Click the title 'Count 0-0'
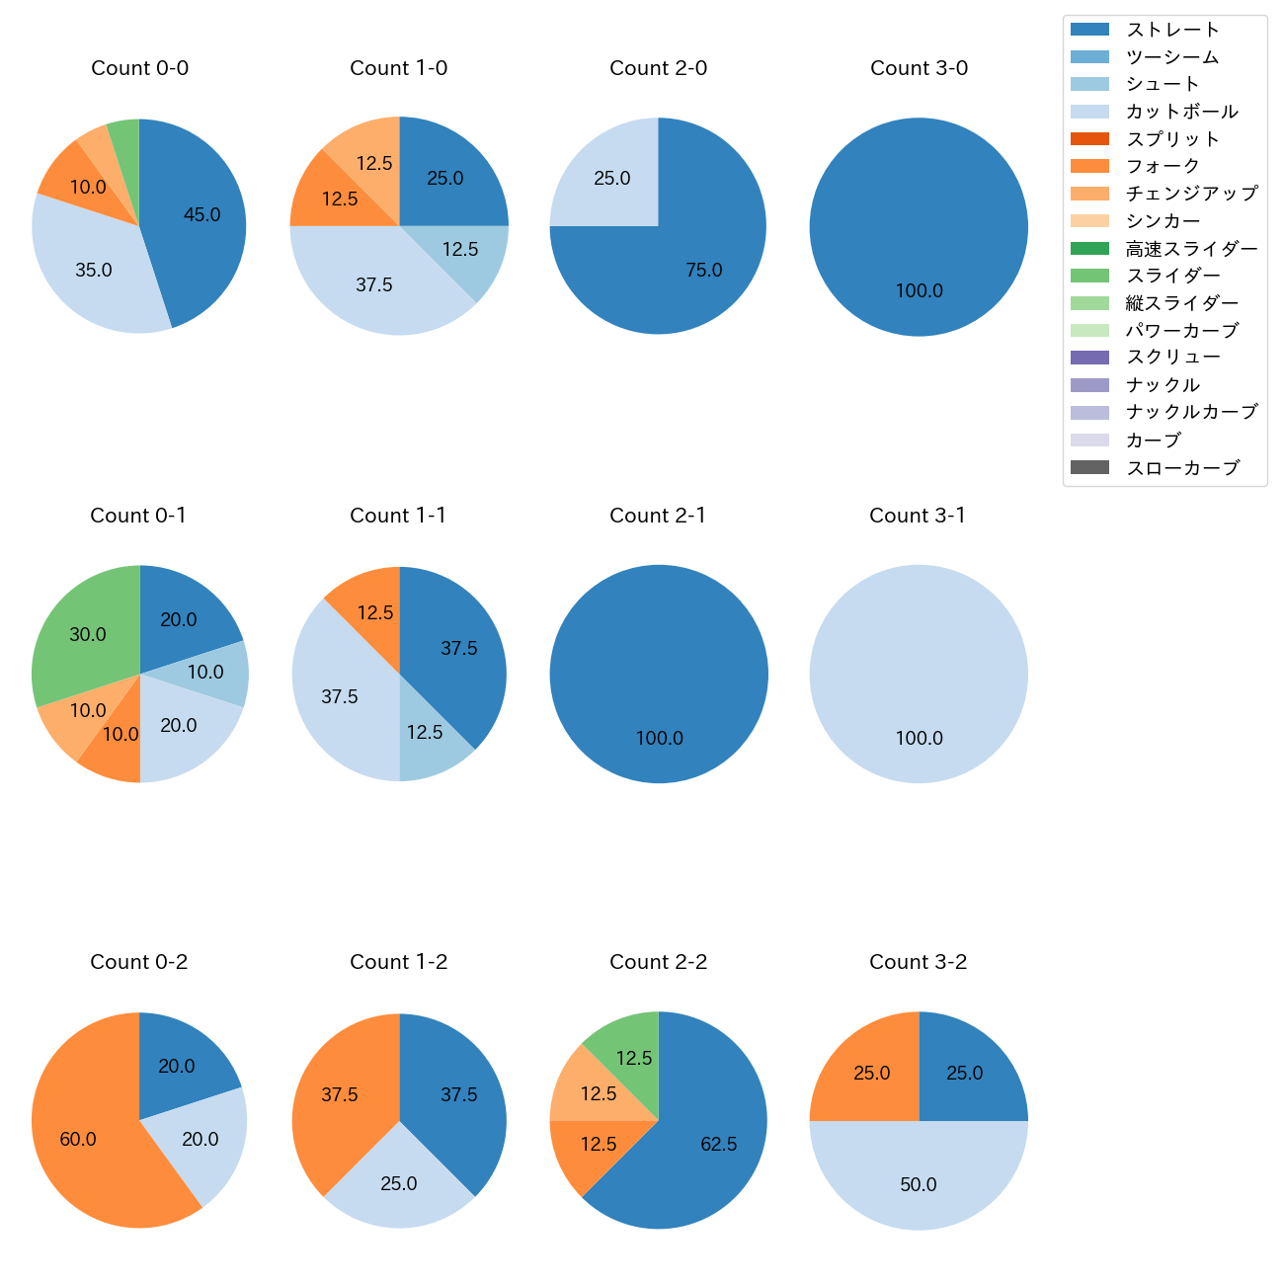[x=139, y=68]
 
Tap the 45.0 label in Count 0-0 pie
[x=201, y=214]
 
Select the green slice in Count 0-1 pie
[x=84, y=632]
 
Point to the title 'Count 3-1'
[x=918, y=516]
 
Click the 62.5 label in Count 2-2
[x=718, y=1144]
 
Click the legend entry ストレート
[x=1172, y=30]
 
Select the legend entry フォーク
[x=1163, y=166]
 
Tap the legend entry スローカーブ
[x=1182, y=468]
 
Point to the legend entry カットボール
[x=1181, y=112]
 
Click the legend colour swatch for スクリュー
[x=1089, y=358]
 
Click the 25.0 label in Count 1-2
[x=399, y=1183]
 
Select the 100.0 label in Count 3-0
[x=919, y=290]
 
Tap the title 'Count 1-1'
[x=398, y=516]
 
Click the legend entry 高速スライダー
[x=1191, y=249]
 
